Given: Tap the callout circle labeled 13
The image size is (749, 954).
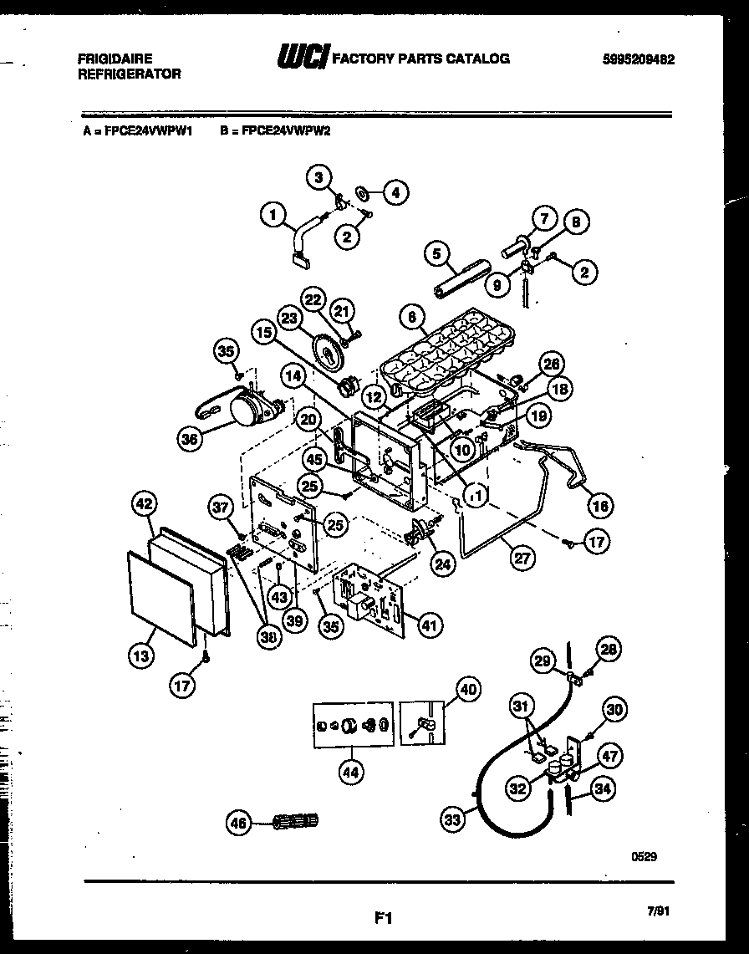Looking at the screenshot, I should click(140, 656).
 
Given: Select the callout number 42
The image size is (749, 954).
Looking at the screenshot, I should click(145, 504).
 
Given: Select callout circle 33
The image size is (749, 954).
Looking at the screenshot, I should click(452, 820).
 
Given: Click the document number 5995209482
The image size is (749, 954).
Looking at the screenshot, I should click(639, 59).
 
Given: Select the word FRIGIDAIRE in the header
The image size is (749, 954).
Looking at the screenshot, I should click(115, 59).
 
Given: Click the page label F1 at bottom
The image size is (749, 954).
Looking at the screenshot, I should click(382, 918).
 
